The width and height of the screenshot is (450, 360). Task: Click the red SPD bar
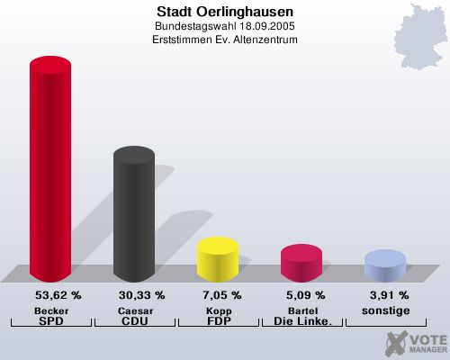pyautogui.click(x=50, y=171)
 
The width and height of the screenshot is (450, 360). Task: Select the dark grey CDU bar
pyautogui.click(x=133, y=216)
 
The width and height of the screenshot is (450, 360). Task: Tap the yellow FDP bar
pyautogui.click(x=217, y=258)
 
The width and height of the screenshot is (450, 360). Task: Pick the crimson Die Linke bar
pyautogui.click(x=301, y=262)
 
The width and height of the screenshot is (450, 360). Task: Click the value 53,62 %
pyautogui.click(x=58, y=294)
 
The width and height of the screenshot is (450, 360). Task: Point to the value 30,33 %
pyautogui.click(x=141, y=294)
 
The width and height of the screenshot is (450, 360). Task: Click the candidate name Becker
pyautogui.click(x=51, y=310)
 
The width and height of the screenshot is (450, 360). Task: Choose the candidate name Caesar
pyautogui.click(x=134, y=310)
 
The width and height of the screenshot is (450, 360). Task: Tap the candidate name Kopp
pyautogui.click(x=218, y=310)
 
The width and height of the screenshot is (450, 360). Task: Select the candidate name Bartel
pyautogui.click(x=301, y=310)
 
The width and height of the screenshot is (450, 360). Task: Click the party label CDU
pyautogui.click(x=134, y=320)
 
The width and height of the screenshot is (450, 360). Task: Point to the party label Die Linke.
pyautogui.click(x=301, y=320)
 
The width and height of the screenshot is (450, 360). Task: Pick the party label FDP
pyautogui.click(x=218, y=320)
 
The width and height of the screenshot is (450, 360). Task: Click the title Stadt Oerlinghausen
pyautogui.click(x=224, y=13)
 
